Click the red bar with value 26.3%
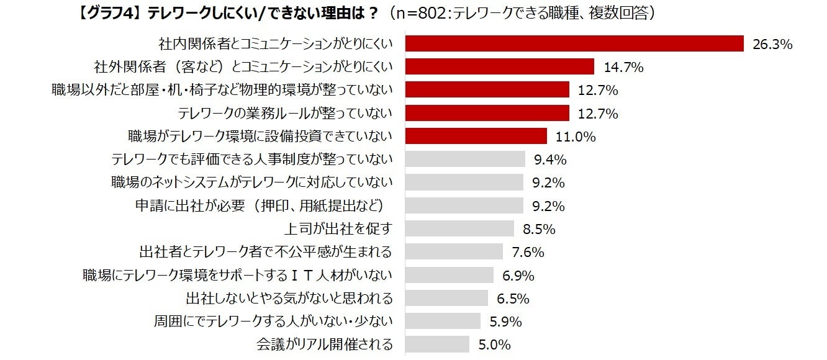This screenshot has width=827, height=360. [574, 43]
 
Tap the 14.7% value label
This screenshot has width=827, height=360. [623, 67]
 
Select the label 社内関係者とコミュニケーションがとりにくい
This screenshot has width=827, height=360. [276, 44]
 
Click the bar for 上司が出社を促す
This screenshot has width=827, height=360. [459, 228]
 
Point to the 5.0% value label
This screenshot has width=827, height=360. [494, 344]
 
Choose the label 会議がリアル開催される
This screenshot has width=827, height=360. [325, 344]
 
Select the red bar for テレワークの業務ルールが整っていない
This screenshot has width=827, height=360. [487, 113]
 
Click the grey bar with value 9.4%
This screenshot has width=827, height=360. [465, 160]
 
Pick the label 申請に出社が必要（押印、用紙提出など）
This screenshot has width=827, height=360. [264, 205]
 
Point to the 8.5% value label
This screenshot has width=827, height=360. [539, 229]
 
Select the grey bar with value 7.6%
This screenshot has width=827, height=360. [454, 251]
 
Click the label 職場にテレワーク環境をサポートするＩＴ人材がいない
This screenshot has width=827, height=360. [238, 275]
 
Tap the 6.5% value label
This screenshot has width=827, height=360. [513, 299]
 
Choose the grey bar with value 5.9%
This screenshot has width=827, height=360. [443, 321]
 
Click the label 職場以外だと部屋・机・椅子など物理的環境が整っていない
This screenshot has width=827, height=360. [222, 90]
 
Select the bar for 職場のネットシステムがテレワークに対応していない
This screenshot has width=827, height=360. [464, 182]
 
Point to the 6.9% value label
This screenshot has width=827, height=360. [518, 275]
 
